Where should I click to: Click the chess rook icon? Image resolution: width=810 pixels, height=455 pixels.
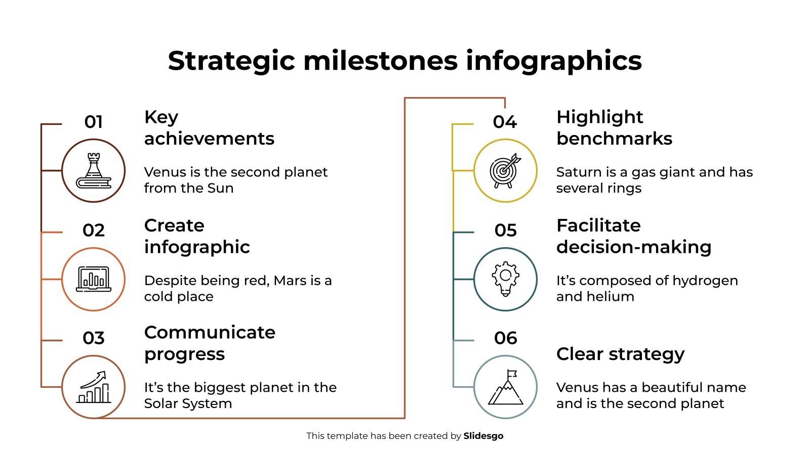(x=94, y=171)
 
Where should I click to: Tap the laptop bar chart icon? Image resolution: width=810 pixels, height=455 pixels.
(x=94, y=279)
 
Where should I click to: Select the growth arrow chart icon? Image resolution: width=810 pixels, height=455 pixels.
(x=94, y=387)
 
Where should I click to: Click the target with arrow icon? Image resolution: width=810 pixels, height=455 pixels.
(x=505, y=171)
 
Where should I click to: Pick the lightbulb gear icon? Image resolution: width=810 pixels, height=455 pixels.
(x=505, y=279)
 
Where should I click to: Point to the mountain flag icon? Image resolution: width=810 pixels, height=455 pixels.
(x=505, y=387)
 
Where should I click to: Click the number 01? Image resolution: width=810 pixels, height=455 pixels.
(x=94, y=122)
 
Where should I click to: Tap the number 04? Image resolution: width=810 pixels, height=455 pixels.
(x=505, y=122)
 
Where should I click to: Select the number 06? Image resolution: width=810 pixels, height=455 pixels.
(x=505, y=338)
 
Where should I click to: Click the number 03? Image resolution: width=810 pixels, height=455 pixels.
(x=94, y=338)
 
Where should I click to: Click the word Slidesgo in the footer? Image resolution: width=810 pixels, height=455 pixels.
(x=483, y=436)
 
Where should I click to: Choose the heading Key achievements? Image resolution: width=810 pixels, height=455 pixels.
(x=209, y=127)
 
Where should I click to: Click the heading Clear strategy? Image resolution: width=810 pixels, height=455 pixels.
(x=620, y=354)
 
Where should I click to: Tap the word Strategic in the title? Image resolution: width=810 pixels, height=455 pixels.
(x=231, y=61)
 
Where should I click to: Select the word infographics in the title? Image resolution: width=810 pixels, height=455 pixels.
(x=554, y=61)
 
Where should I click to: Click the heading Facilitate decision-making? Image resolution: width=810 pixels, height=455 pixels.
(x=633, y=236)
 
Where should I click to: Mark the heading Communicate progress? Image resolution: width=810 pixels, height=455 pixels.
(x=209, y=343)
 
